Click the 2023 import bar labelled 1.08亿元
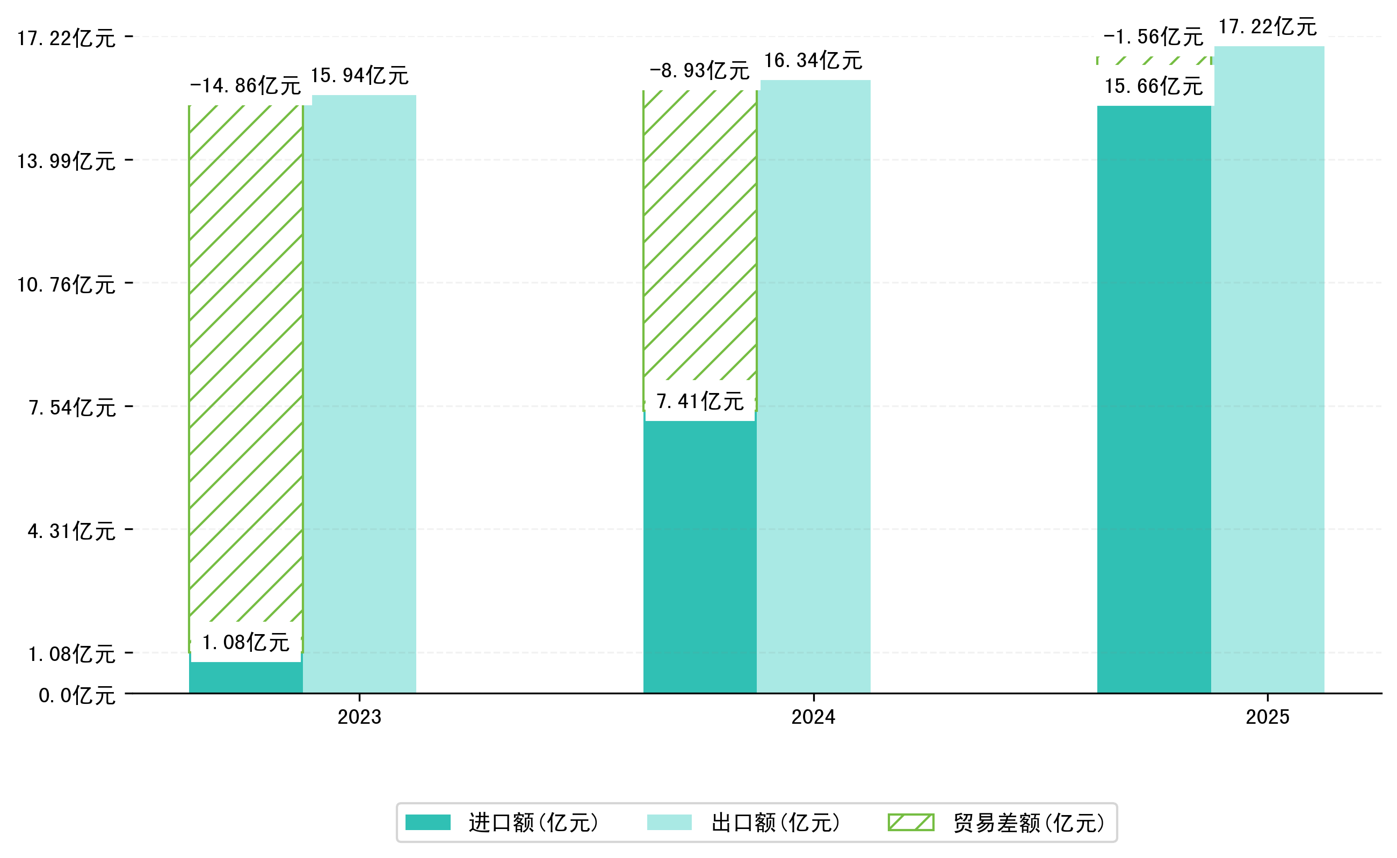tap(245, 678)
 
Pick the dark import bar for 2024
tap(699, 556)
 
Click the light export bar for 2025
tap(1269, 369)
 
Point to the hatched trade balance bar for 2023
tap(245, 363)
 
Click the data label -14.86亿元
tap(245, 86)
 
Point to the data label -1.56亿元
tap(1153, 37)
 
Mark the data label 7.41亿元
tap(699, 401)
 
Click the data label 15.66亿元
tap(1154, 86)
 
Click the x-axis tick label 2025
tap(1267, 717)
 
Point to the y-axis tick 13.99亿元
tap(67, 161)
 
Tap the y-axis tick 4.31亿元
tap(71, 531)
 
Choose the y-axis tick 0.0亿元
tap(77, 696)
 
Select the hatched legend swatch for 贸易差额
tap(910, 822)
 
